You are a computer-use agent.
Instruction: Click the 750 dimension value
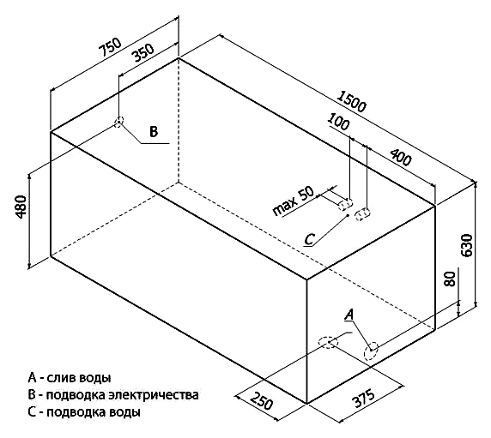[x=110, y=47]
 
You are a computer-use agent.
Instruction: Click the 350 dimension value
[x=143, y=53]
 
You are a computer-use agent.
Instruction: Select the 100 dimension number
[x=338, y=122]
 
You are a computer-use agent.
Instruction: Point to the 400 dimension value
[x=400, y=157]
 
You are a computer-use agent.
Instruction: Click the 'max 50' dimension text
[x=293, y=201]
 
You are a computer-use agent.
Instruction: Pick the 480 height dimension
[x=21, y=207]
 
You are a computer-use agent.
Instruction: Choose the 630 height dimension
[x=467, y=245]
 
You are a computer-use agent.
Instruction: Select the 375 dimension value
[x=363, y=399]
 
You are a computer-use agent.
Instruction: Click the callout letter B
[x=154, y=132]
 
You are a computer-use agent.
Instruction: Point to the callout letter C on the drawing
[x=309, y=240]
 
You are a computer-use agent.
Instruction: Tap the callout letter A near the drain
[x=349, y=315]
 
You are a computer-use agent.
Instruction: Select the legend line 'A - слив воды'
[x=70, y=378]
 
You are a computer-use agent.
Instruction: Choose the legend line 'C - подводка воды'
[x=84, y=412]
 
